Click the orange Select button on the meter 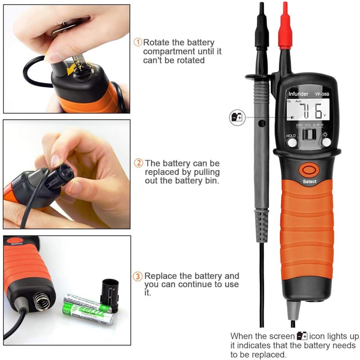(309, 170)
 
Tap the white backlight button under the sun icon (326, 142)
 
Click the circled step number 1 (138, 42)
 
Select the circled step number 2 (139, 163)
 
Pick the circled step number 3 (138, 276)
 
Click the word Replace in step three (160, 276)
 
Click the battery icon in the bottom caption (302, 336)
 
